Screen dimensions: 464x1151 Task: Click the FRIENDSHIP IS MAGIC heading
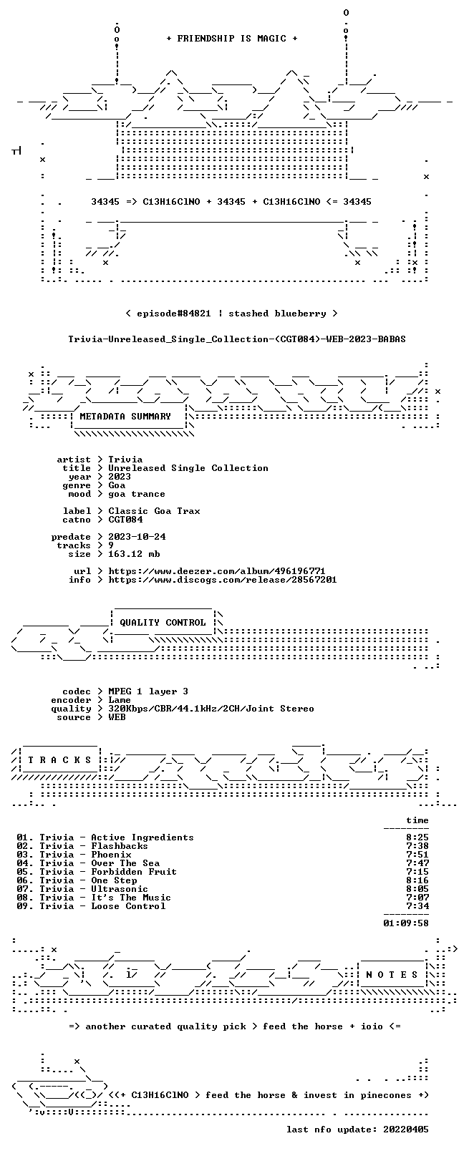(232, 39)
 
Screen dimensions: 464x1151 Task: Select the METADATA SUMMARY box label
(125, 416)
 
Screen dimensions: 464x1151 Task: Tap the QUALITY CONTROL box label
(163, 622)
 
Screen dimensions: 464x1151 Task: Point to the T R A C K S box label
(59, 760)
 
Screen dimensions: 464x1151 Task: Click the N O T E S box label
(392, 975)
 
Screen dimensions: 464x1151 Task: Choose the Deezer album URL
(217, 571)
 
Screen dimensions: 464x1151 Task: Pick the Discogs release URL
(223, 580)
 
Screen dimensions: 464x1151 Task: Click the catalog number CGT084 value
(125, 520)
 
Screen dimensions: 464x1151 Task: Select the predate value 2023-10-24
(137, 537)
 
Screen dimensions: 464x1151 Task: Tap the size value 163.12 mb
(134, 555)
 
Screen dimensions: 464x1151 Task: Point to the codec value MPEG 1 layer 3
(148, 691)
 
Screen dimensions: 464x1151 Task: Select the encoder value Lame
(120, 700)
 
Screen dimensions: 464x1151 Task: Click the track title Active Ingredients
(142, 837)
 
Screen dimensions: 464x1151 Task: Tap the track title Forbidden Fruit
(134, 872)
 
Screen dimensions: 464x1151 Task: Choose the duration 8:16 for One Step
(417, 880)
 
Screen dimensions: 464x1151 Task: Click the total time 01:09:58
(406, 923)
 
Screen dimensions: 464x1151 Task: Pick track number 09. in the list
(24, 906)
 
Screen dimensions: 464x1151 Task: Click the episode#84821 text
(174, 314)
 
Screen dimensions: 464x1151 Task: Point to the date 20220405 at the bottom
(406, 1130)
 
